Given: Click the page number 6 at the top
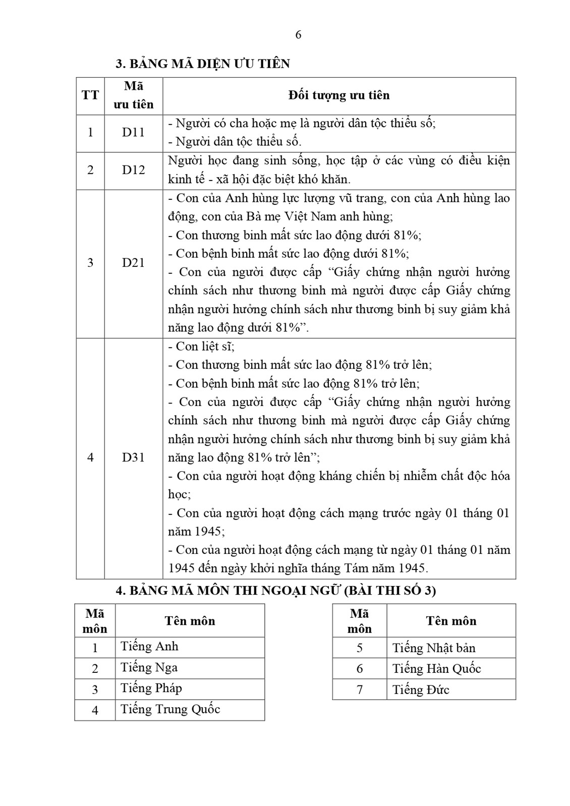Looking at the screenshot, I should (298, 35).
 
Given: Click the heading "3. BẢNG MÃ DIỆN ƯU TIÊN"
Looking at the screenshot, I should (203, 64).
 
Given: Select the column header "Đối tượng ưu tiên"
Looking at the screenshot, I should (339, 95).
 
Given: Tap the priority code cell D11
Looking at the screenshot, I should (133, 133).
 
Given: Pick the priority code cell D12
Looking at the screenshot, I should (133, 170).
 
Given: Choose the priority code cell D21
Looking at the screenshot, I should (133, 263).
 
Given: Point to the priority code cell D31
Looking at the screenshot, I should (133, 457).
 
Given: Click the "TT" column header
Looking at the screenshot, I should (90, 95).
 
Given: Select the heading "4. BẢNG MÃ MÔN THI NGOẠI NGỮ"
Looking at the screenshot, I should (276, 591).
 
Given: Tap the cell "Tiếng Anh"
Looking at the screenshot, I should (149, 647).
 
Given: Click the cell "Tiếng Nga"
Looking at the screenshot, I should (149, 668).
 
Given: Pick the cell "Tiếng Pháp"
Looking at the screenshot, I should (151, 688).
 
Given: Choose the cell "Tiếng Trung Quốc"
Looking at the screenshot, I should (170, 710).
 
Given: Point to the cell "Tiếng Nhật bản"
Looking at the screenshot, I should (434, 648).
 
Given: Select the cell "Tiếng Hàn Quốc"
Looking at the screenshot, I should (436, 669).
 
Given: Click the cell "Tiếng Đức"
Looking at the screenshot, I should (421, 689).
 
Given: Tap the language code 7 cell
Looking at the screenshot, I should (360, 689).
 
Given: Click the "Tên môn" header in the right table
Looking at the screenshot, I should (451, 621).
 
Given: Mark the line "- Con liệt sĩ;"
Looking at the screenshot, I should (201, 347).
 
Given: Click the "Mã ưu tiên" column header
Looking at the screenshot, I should (133, 95).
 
